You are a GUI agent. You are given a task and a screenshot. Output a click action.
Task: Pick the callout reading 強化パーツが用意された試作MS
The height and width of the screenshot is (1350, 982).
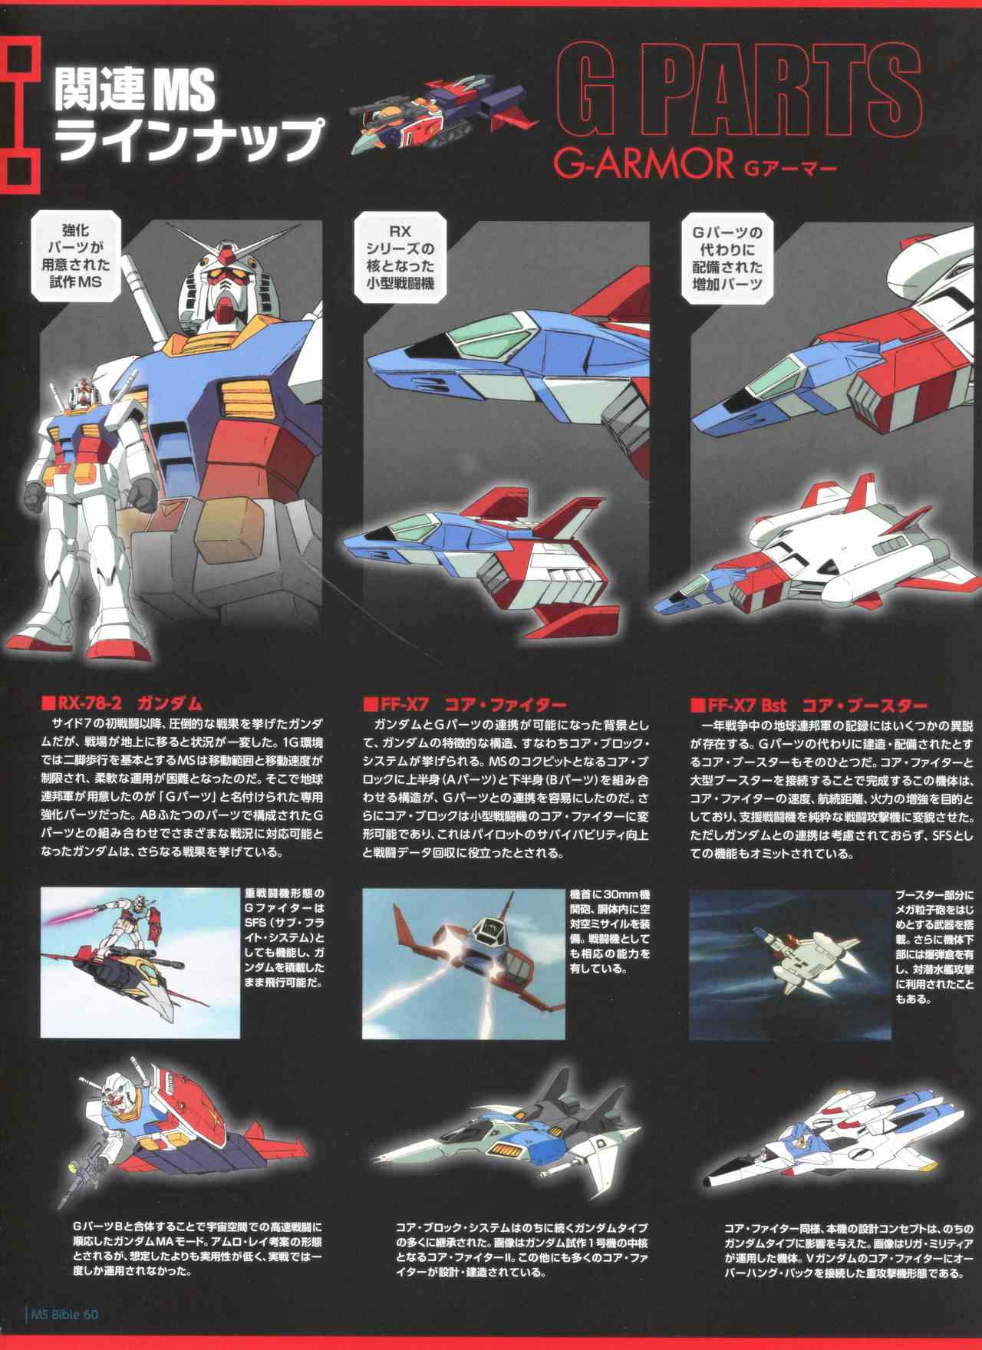(75, 256)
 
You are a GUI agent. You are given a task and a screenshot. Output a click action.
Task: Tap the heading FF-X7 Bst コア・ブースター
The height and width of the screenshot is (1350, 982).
(809, 704)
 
